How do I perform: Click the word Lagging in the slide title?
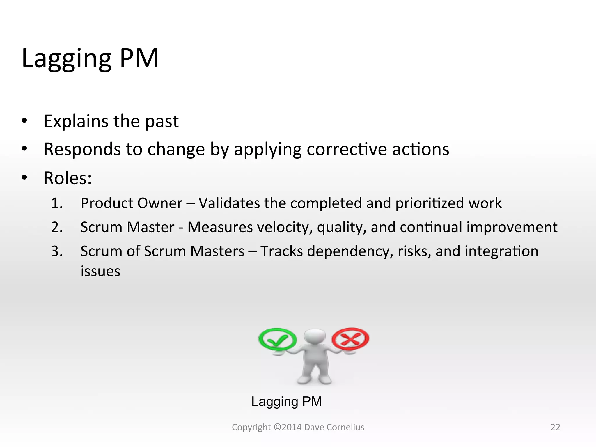(66, 59)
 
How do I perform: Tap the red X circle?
(350, 339)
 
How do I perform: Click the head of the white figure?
(315, 337)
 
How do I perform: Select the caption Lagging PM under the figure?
(286, 402)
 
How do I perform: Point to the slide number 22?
(555, 427)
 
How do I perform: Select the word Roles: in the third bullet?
(68, 178)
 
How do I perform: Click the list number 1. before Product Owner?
(57, 203)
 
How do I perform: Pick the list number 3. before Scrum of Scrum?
(57, 251)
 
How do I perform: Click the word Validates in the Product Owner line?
(229, 203)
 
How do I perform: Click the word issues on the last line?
(100, 271)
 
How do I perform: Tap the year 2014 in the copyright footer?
(292, 427)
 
